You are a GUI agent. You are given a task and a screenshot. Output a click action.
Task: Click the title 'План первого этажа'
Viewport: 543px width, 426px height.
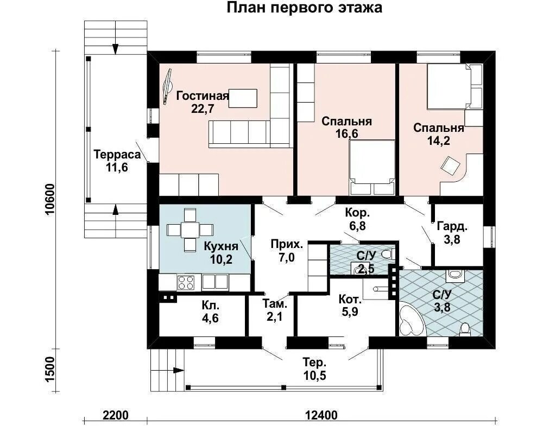click(x=305, y=8)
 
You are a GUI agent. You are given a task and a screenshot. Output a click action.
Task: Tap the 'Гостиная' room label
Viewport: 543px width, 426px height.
click(x=203, y=96)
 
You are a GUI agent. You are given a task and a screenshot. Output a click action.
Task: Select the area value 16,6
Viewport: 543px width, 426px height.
click(x=346, y=133)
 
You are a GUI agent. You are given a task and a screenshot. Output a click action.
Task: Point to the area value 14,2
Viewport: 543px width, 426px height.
click(x=438, y=140)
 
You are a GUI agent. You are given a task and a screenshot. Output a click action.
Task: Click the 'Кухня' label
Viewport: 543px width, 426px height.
click(x=221, y=246)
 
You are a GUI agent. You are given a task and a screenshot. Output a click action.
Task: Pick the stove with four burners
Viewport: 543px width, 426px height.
click(x=186, y=282)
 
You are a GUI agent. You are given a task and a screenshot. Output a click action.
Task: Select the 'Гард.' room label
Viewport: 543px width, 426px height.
click(x=452, y=227)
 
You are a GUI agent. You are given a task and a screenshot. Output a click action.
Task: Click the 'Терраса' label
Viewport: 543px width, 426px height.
click(x=117, y=154)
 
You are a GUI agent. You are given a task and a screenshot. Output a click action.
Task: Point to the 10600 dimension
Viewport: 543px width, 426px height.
click(x=50, y=200)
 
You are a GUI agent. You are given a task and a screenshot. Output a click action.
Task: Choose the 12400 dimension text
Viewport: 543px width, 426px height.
click(x=321, y=415)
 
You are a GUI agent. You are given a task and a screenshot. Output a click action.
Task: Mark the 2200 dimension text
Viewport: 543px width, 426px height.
click(x=115, y=415)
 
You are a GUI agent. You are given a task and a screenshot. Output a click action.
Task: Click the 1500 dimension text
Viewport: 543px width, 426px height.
click(x=50, y=370)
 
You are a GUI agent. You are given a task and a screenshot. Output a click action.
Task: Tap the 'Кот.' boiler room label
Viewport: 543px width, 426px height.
click(x=350, y=298)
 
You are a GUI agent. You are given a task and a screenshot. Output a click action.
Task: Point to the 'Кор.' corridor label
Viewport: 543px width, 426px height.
click(x=357, y=213)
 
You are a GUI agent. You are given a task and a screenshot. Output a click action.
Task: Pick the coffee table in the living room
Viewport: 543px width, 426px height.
click(x=243, y=99)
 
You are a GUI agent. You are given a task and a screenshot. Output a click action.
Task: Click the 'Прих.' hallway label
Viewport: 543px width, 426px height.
click(x=287, y=245)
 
